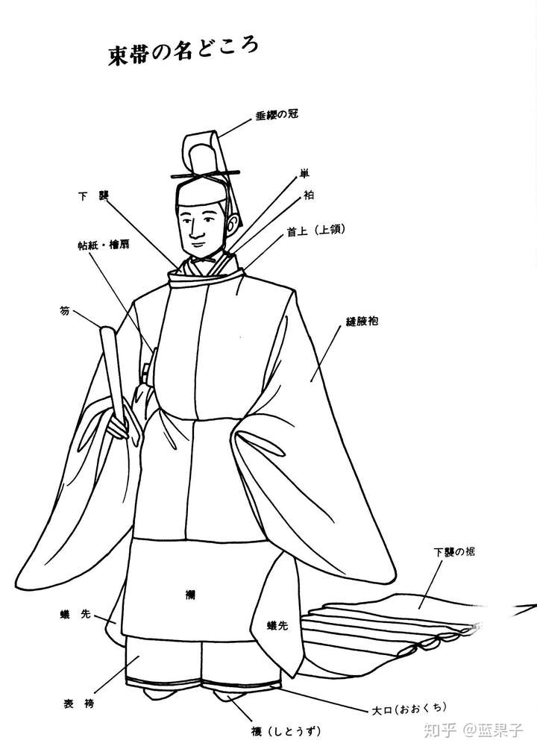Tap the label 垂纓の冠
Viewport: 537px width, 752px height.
277,115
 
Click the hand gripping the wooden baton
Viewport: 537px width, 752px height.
119,427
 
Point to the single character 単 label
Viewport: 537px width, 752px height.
304,174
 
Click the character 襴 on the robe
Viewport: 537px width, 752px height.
191,595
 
